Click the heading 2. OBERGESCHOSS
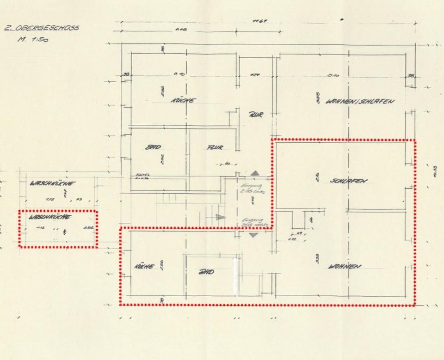(41, 28)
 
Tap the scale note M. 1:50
(33, 39)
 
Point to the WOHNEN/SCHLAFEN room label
(359, 101)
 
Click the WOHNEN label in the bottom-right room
(345, 266)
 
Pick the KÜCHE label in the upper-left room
(183, 100)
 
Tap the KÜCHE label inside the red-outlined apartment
(143, 266)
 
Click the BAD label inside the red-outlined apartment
(206, 272)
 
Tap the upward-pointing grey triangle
(255, 173)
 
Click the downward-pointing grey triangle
(254, 235)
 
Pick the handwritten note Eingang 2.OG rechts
(252, 222)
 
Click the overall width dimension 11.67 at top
(258, 22)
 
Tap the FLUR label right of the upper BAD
(214, 148)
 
